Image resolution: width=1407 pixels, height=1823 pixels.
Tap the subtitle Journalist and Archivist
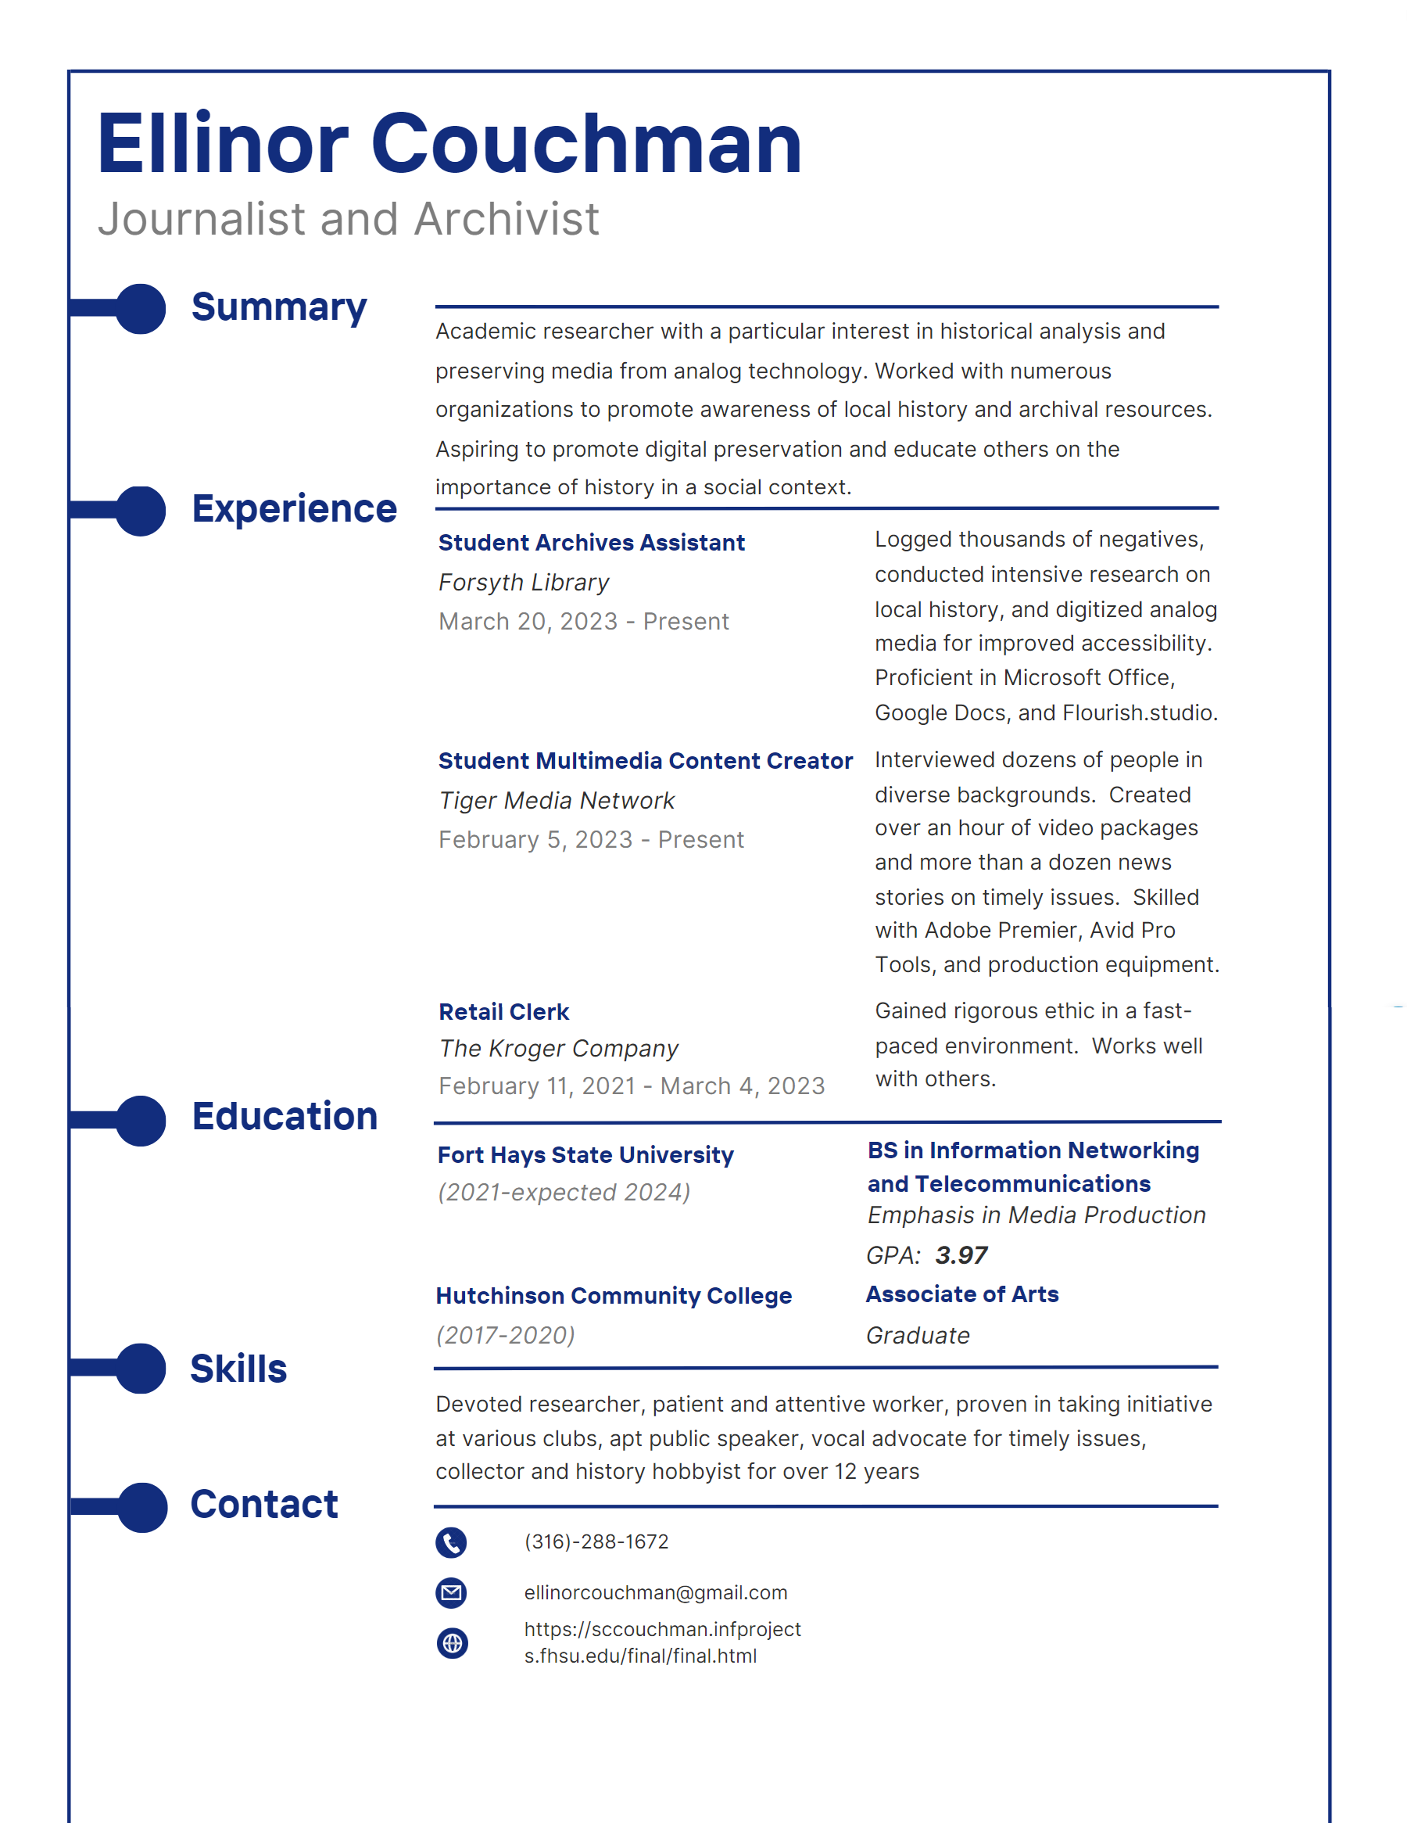pyautogui.click(x=348, y=220)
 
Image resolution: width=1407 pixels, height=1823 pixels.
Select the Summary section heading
pyautogui.click(x=279, y=307)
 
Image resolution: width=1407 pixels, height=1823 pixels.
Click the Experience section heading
pyautogui.click(x=294, y=509)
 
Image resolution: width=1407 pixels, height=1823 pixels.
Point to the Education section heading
pyautogui.click(x=285, y=1117)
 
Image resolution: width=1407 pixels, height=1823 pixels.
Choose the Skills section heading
pyautogui.click(x=238, y=1369)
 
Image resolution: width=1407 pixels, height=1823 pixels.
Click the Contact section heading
pyautogui.click(x=263, y=1504)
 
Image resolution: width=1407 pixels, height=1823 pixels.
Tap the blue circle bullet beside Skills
pyautogui.click(x=141, y=1368)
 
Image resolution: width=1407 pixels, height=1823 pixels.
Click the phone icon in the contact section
pyautogui.click(x=452, y=1542)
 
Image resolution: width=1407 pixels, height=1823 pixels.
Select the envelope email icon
pyautogui.click(x=452, y=1592)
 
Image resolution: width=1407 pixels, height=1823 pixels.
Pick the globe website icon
pyautogui.click(x=453, y=1644)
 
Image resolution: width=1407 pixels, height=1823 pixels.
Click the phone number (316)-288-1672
pyautogui.click(x=596, y=1541)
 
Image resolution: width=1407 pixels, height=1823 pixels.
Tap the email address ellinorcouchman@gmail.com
pyautogui.click(x=655, y=1592)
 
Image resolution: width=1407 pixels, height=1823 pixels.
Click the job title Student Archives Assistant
pyautogui.click(x=591, y=543)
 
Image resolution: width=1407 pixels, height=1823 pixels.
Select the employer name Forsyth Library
pyautogui.click(x=523, y=583)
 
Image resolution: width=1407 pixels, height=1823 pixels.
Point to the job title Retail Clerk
pyautogui.click(x=503, y=1012)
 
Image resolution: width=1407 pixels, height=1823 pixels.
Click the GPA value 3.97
pyautogui.click(x=961, y=1255)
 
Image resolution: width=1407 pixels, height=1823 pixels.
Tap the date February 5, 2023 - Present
pyautogui.click(x=591, y=840)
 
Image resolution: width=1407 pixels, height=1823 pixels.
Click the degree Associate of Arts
pyautogui.click(x=961, y=1294)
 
